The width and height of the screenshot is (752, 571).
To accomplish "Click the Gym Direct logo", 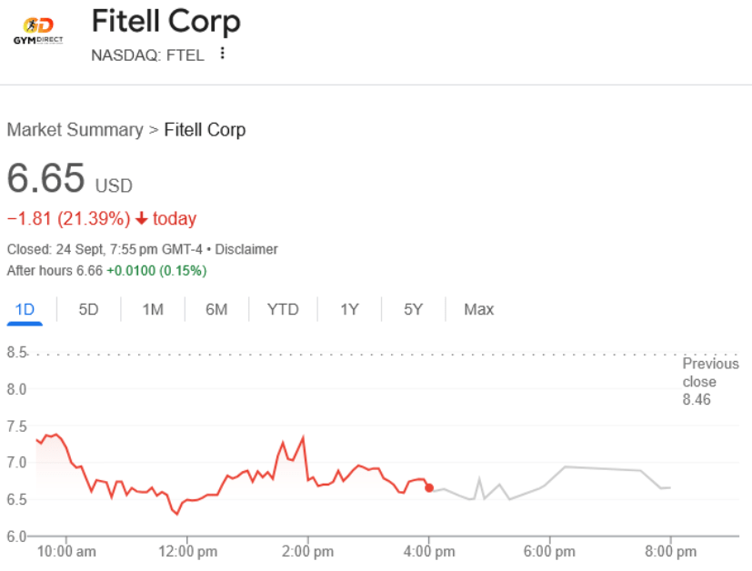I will point(37,30).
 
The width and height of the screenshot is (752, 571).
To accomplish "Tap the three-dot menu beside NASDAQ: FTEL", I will point(223,54).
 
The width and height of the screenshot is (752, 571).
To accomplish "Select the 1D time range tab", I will point(25,309).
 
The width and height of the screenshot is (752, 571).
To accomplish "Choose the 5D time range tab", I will point(88,309).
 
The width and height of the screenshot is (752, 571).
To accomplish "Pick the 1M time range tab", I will point(153,309).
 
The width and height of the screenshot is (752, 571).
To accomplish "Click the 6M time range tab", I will point(216,309).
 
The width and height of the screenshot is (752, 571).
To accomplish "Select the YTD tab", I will point(283,309).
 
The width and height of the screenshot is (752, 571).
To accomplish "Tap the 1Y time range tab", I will point(349,309).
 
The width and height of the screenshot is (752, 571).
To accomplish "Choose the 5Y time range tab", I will point(414,309).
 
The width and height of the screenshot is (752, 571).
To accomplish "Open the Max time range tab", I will point(478,309).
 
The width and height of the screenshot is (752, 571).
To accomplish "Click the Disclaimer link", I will point(246,249).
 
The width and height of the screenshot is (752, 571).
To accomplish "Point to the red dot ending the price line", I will point(429,488).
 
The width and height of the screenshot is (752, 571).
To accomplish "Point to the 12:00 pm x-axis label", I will point(187,552).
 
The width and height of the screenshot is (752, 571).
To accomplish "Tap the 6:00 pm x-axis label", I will point(549,552).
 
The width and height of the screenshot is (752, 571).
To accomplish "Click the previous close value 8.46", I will point(697,400).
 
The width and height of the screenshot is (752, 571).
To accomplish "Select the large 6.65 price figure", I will point(46,177).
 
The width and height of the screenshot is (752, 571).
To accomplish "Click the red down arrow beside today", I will point(142,218).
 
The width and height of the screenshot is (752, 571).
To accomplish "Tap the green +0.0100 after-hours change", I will point(130,271).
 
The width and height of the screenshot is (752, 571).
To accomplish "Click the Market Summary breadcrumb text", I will point(75,130).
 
